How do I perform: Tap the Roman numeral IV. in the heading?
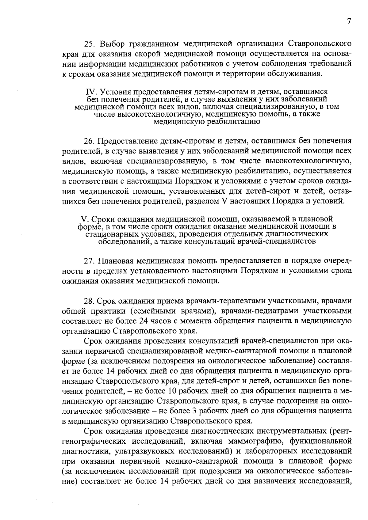89,92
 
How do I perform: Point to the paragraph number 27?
89,261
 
